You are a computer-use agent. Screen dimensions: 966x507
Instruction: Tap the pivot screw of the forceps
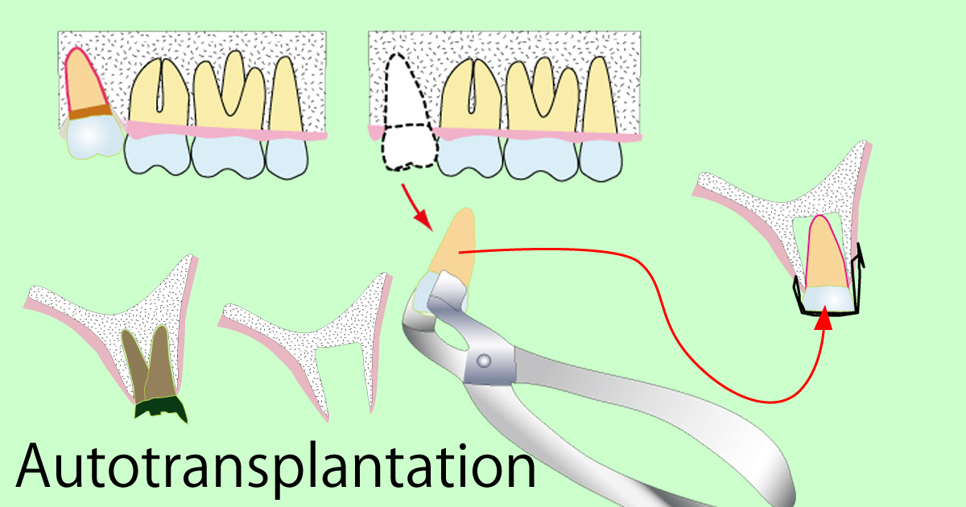click(484, 360)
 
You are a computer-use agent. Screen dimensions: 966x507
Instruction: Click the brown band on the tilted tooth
click(90, 111)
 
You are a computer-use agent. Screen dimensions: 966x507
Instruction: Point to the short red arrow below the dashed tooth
click(417, 208)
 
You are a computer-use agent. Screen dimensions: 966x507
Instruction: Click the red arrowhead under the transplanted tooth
click(824, 318)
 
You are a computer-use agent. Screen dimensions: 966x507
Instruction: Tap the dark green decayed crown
click(161, 409)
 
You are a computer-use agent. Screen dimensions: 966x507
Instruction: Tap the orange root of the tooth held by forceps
click(456, 244)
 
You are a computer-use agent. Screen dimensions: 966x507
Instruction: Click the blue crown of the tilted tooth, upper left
click(95, 137)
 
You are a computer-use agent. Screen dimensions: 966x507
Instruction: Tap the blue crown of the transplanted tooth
click(828, 299)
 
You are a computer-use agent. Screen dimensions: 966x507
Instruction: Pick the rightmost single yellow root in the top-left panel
click(287, 95)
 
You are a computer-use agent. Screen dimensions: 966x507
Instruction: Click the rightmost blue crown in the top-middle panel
click(601, 159)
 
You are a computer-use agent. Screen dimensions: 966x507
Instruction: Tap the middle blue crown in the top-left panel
click(228, 156)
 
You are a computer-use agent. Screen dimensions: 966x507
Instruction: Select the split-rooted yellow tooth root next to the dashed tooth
click(471, 95)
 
